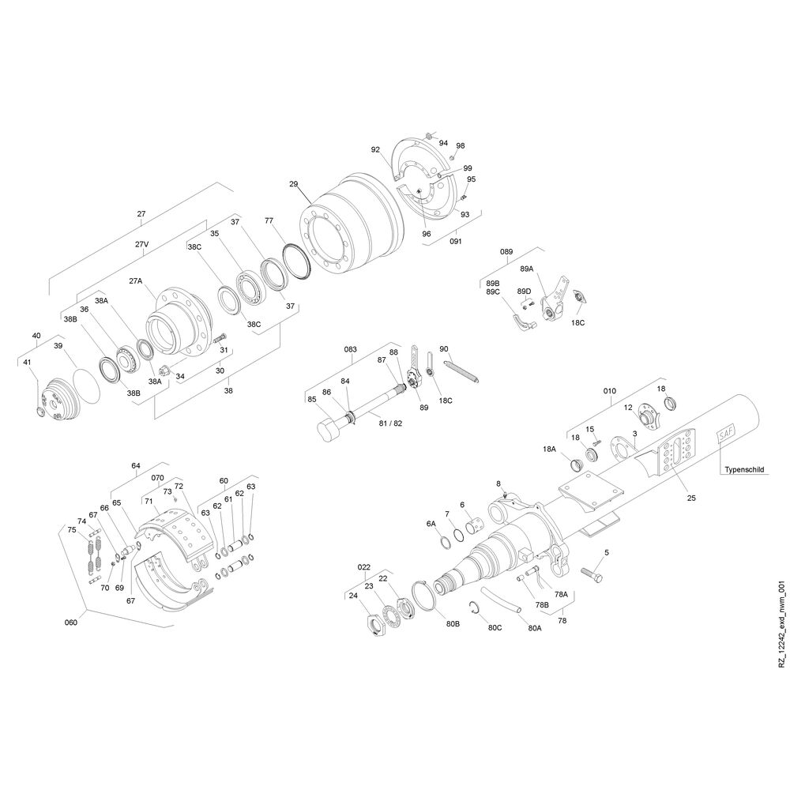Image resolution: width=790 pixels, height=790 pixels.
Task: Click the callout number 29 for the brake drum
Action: pyautogui.click(x=294, y=184)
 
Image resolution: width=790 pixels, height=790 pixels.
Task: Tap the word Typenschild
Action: pyautogui.click(x=744, y=469)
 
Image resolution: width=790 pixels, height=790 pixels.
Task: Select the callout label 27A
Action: pyautogui.click(x=136, y=281)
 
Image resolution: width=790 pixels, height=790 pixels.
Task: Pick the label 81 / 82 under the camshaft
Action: pyautogui.click(x=390, y=423)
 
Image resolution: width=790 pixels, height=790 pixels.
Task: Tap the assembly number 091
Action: pyautogui.click(x=456, y=241)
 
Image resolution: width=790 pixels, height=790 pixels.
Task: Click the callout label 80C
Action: pyautogui.click(x=495, y=628)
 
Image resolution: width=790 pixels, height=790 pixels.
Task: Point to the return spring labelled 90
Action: pyautogui.click(x=461, y=371)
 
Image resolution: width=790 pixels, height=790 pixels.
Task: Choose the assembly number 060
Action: pyautogui.click(x=71, y=623)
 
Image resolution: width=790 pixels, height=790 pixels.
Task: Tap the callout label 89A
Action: pyautogui.click(x=526, y=269)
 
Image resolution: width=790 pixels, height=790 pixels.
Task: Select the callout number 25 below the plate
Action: pyautogui.click(x=691, y=498)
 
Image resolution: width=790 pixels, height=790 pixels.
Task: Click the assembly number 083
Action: pyautogui.click(x=350, y=349)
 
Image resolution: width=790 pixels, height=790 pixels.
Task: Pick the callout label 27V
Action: pyautogui.click(x=141, y=244)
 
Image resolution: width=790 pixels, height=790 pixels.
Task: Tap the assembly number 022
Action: pyautogui.click(x=363, y=567)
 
